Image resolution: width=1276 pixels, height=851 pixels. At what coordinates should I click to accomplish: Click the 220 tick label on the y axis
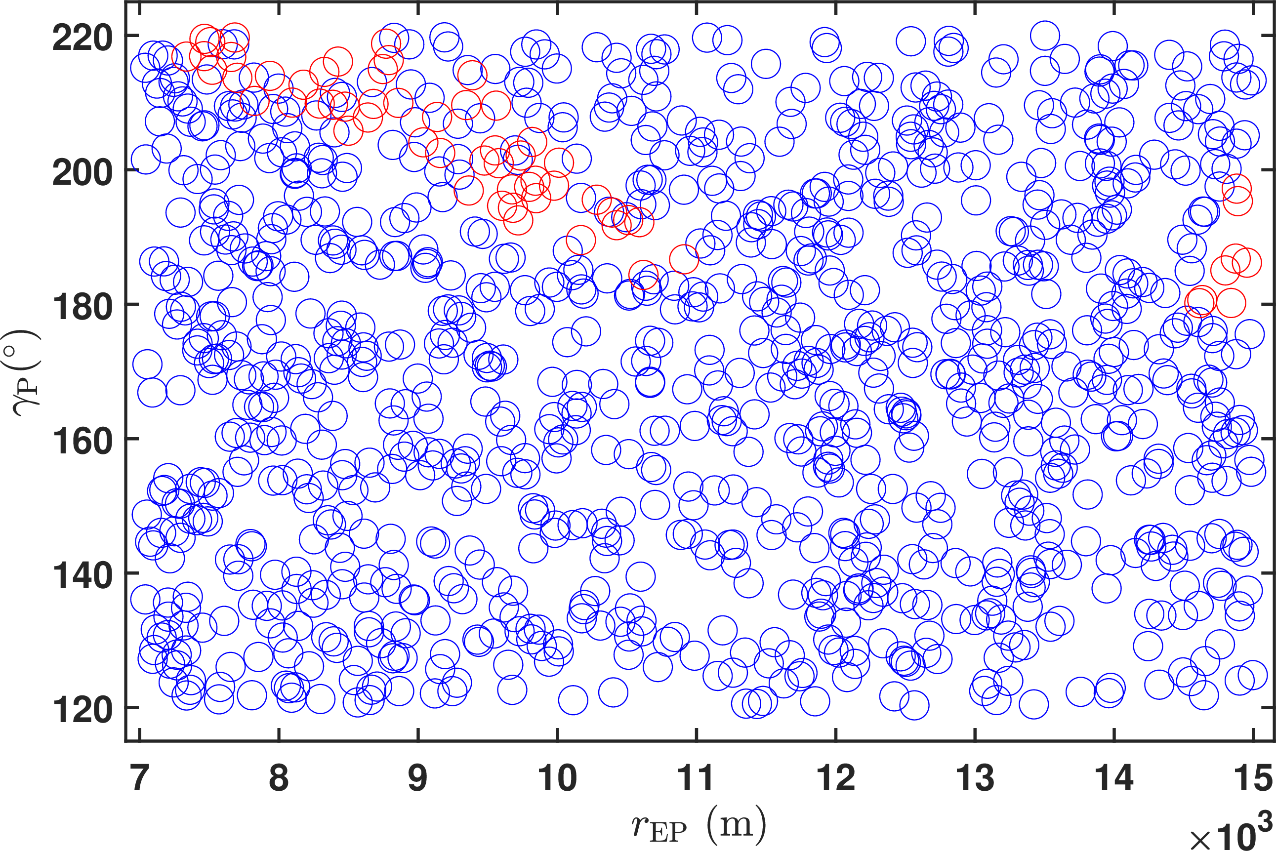82,38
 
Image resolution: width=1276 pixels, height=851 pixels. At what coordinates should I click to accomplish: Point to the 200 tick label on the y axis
82,172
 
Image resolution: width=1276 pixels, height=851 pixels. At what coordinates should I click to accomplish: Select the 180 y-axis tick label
82,306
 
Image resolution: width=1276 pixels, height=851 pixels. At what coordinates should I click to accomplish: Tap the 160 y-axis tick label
82,441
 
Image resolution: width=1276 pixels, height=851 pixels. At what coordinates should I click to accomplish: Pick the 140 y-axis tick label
82,575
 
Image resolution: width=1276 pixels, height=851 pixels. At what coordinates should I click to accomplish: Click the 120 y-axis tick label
82,709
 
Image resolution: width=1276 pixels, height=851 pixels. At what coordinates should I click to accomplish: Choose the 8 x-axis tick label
279,778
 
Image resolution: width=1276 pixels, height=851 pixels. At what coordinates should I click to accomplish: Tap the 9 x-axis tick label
418,778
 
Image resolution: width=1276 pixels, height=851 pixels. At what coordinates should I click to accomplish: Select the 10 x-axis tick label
557,778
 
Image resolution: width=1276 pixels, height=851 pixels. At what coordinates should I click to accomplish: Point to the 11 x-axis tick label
696,778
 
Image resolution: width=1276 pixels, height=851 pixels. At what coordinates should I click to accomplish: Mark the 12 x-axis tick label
835,778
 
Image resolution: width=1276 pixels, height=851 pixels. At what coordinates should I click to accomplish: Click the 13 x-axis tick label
975,778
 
